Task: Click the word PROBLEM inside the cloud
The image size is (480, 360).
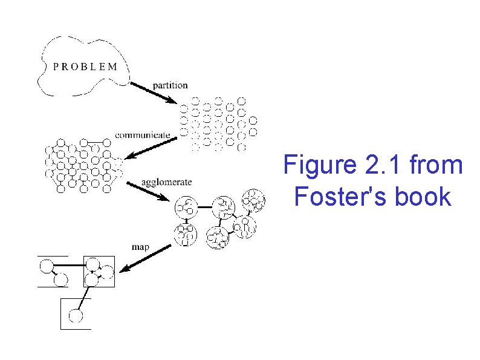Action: [85, 67]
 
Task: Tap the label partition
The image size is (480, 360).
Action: [170, 85]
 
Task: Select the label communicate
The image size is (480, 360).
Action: [142, 134]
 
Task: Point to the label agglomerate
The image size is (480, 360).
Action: [166, 182]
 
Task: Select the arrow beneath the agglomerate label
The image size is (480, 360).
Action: [148, 192]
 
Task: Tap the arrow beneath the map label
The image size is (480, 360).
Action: [145, 259]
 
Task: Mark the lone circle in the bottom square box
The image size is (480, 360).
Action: [76, 315]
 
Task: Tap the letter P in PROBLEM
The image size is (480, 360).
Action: [56, 67]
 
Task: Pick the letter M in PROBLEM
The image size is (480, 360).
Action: [114, 67]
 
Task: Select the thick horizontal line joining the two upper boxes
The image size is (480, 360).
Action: [69, 265]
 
